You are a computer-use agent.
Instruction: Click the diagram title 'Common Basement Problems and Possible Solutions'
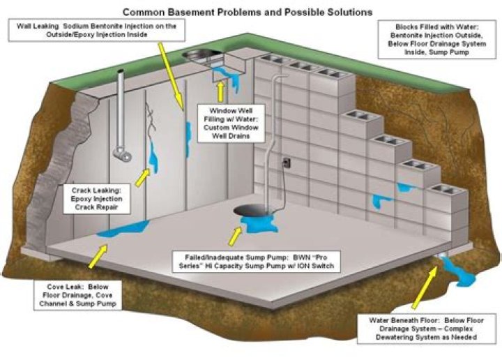coord(247,12)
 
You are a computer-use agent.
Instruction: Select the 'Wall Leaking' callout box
coord(91,31)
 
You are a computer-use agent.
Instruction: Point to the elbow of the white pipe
coord(124,153)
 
